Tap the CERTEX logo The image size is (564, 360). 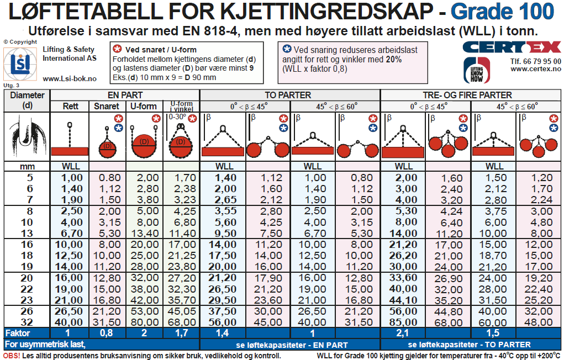[x=512, y=47]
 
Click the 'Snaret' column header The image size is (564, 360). [x=107, y=106]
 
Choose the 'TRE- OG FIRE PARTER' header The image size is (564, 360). [x=467, y=95]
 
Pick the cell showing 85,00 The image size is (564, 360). [x=403, y=322]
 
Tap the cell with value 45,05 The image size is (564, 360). [x=181, y=311]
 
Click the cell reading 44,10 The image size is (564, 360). [x=403, y=300]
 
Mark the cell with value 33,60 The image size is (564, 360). [x=403, y=278]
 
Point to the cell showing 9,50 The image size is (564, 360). [x=224, y=233]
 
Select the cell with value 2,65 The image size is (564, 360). [x=224, y=199]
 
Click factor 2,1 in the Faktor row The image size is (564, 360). [x=403, y=333]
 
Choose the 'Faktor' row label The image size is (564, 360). [x=18, y=333]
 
